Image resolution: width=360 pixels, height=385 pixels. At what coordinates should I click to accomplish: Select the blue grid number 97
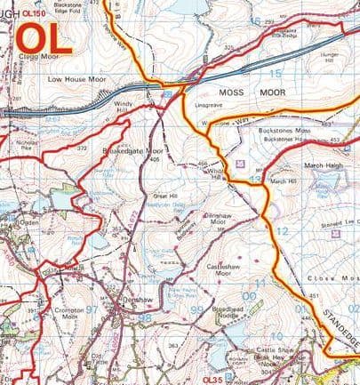91,310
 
